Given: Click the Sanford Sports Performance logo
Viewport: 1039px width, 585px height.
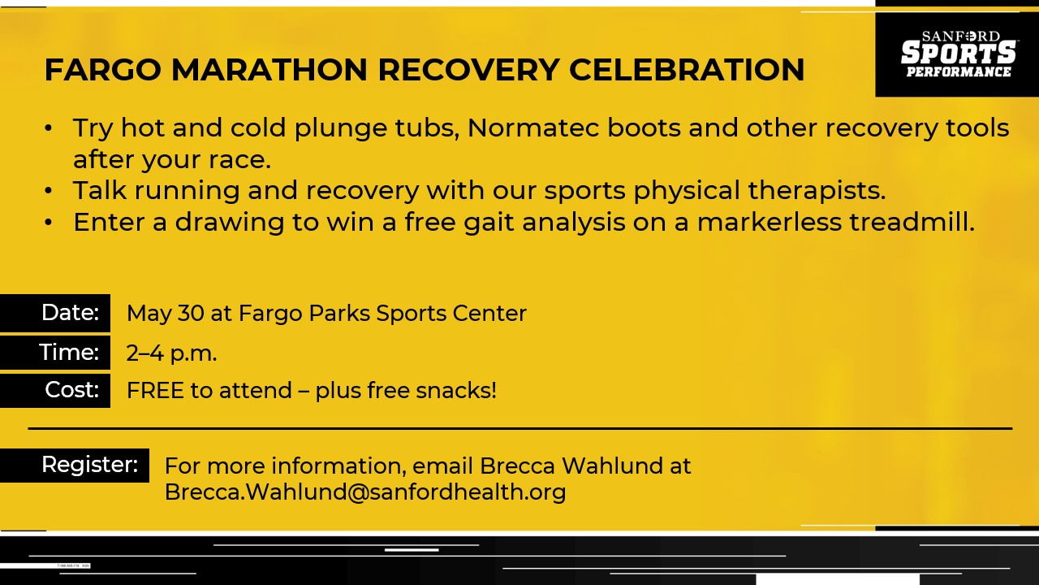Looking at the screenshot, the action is pyautogui.click(x=957, y=54).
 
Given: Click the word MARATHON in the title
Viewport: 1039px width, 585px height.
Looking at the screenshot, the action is pyautogui.click(x=269, y=70).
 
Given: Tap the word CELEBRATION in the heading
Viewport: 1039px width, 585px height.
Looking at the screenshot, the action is pyautogui.click(x=687, y=70).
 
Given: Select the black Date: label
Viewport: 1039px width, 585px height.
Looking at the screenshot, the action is pyautogui.click(x=54, y=313).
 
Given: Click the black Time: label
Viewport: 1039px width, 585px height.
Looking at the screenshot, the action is pyautogui.click(x=54, y=353).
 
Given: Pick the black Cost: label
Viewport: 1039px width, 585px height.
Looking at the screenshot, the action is pyautogui.click(x=54, y=391).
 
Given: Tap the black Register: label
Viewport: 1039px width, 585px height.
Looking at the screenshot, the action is pyautogui.click(x=74, y=466).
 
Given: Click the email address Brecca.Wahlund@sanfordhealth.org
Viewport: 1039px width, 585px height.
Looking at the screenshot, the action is pyautogui.click(x=365, y=492).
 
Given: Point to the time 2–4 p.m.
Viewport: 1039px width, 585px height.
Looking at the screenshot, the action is pyautogui.click(x=171, y=353).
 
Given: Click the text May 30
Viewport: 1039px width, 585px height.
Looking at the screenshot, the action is pyautogui.click(x=165, y=314).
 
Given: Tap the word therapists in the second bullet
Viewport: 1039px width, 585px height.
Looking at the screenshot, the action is pyautogui.click(x=817, y=190).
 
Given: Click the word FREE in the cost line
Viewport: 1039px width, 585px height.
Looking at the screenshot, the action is pyautogui.click(x=155, y=391).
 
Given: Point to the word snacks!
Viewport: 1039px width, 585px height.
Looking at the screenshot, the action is pyautogui.click(x=456, y=391).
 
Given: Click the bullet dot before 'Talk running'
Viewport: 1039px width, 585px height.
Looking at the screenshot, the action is pyautogui.click(x=48, y=191).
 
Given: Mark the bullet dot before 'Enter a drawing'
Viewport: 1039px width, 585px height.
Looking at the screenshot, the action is pyautogui.click(x=48, y=223).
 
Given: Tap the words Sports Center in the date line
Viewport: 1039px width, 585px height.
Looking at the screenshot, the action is pyautogui.click(x=451, y=314).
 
